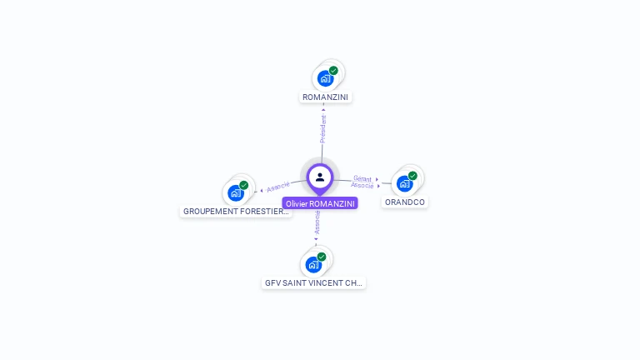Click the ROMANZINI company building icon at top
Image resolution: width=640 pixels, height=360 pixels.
point(325,79)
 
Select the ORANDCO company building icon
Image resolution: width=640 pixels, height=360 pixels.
point(405,183)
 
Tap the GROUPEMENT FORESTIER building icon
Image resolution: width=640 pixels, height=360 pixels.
point(236,193)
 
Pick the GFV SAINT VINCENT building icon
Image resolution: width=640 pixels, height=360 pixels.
point(313,265)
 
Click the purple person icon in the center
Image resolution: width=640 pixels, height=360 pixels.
point(320,177)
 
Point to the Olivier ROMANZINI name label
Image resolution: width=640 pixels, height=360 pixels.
point(320,203)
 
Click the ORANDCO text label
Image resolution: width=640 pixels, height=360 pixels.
point(405,202)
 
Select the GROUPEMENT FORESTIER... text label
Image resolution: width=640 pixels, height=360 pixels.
point(236,212)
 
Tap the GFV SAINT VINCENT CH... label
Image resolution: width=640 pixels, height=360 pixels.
point(313,283)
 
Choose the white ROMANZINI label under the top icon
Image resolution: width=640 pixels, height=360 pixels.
point(326,97)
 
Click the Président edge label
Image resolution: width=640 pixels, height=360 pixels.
point(323,129)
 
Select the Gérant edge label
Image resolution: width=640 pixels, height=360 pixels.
point(362,178)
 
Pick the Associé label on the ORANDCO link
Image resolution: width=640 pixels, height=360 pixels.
point(362,186)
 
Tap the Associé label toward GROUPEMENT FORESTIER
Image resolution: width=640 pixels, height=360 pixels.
point(278,187)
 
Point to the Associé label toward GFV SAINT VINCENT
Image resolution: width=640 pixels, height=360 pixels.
point(317,222)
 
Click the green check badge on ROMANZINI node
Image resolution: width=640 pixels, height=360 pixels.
point(333,71)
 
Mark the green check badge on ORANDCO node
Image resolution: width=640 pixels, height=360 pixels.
point(412,176)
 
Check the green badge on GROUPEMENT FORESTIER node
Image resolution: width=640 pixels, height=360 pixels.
point(244,185)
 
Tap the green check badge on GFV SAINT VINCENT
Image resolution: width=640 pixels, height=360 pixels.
point(322,257)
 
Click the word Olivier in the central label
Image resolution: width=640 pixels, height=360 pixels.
point(296,203)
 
